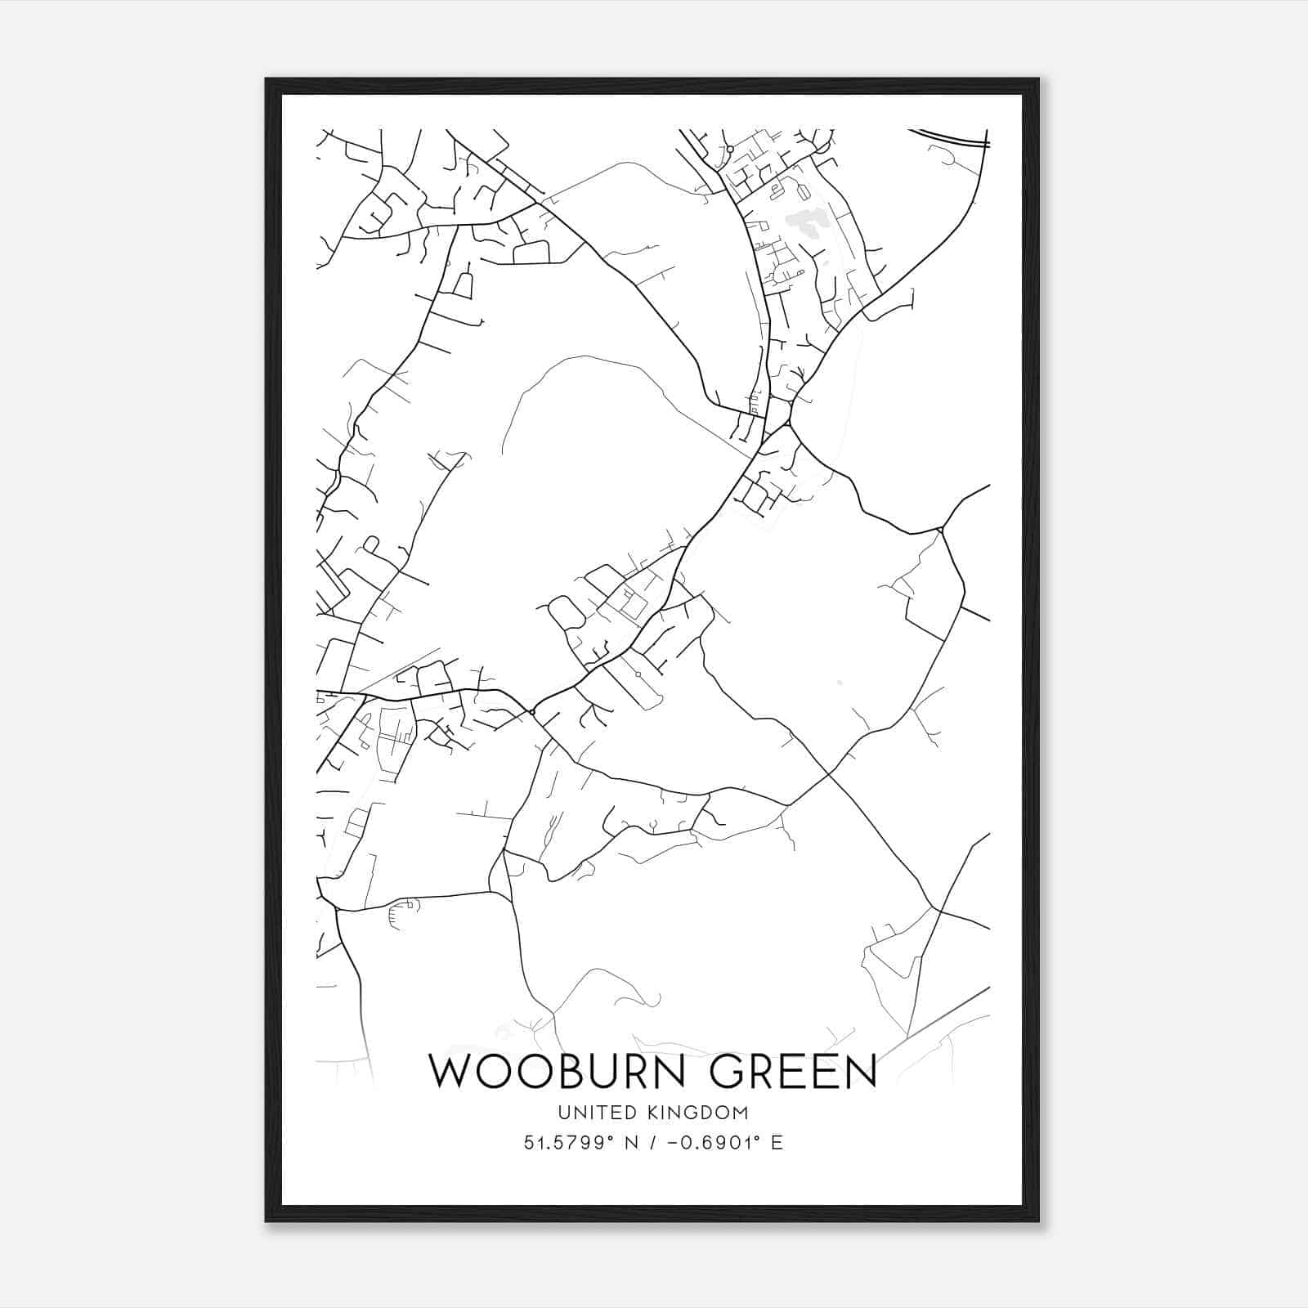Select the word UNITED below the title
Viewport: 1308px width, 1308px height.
586,1113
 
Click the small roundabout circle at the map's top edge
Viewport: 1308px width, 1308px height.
729,150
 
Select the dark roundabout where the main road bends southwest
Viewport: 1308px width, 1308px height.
532,713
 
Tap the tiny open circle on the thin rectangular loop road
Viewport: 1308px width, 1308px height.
637,674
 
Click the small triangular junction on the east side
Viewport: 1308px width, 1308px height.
942,531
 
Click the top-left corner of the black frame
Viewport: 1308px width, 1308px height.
267,79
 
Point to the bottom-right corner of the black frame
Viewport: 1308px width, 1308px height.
1038,1221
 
